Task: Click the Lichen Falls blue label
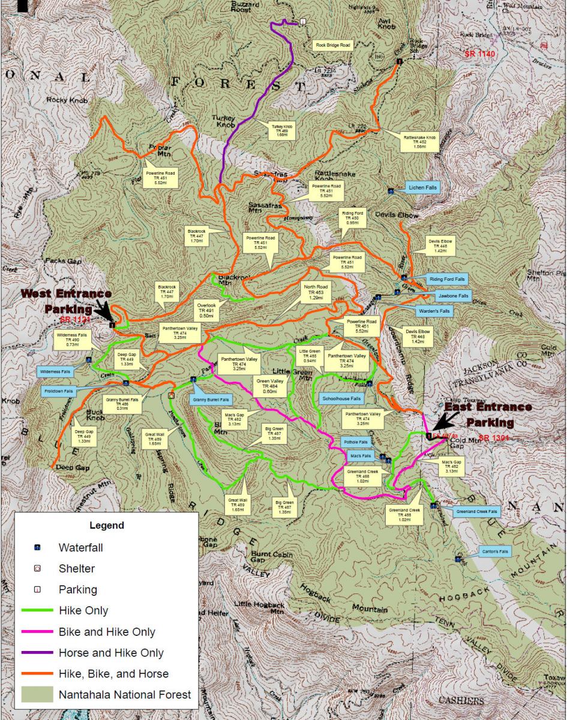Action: tap(423, 188)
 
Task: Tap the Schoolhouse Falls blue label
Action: tap(341, 398)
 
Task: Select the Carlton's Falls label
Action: tap(495, 551)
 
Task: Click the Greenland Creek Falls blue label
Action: tap(476, 512)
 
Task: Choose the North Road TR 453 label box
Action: tap(316, 292)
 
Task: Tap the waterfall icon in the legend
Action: tap(37, 548)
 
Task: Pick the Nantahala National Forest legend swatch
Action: tap(37, 695)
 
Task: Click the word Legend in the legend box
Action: tap(106, 526)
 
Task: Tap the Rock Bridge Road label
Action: tap(333, 45)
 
